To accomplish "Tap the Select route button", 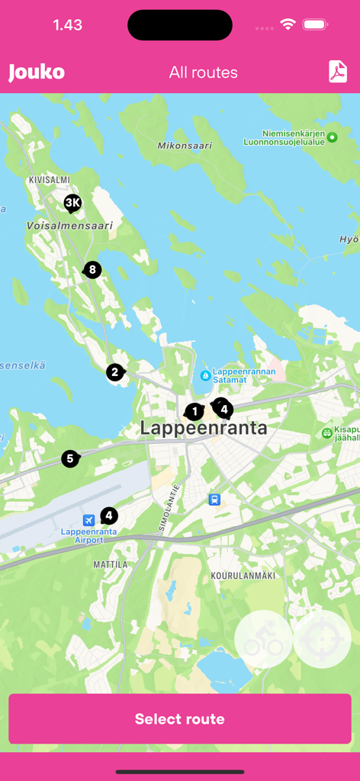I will point(180,718).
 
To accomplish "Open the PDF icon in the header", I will point(337,72).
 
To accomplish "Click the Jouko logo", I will point(37,72).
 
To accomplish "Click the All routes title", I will point(204,72).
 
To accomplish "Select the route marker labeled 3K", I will point(72,203).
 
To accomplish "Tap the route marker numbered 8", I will point(92,269).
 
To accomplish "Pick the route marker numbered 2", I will point(114,372).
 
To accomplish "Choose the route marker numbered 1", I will point(194,412).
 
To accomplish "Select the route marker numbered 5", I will point(70,458).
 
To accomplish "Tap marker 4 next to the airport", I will point(109,516).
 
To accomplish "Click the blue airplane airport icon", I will point(88,519).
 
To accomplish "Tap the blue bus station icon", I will point(215,500).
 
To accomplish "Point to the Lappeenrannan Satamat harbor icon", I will point(205,375).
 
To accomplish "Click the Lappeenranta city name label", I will point(204,429).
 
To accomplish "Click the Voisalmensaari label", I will point(69,226).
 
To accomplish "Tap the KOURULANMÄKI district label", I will point(243,575).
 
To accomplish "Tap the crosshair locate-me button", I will point(322,639).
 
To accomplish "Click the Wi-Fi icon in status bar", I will point(288,24).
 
